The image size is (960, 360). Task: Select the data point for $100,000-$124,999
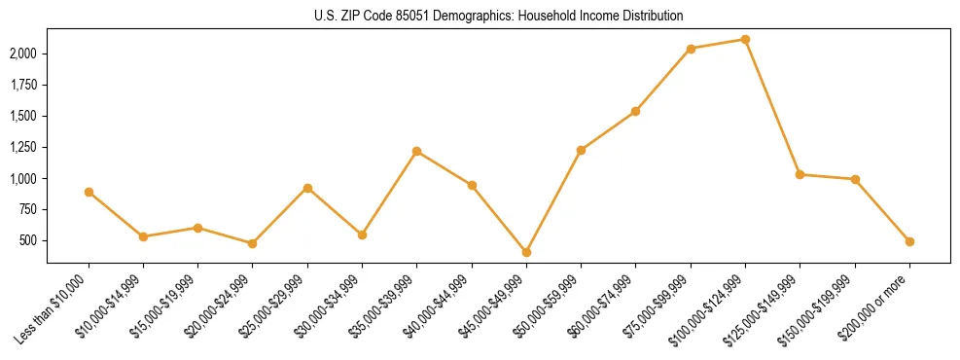(x=745, y=40)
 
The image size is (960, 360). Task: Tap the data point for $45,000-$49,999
(x=526, y=252)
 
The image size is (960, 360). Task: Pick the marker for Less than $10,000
(x=89, y=192)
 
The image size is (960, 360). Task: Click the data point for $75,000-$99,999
(x=691, y=49)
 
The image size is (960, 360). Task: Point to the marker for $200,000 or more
(x=909, y=241)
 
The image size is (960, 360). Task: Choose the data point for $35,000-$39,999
(x=416, y=151)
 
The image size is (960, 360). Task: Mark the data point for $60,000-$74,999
(x=635, y=111)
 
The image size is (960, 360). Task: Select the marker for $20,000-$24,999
(x=252, y=243)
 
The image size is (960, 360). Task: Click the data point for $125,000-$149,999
(x=800, y=174)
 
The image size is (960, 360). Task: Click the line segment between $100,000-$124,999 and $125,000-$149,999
(x=772, y=107)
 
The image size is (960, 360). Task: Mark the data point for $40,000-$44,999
(x=472, y=185)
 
